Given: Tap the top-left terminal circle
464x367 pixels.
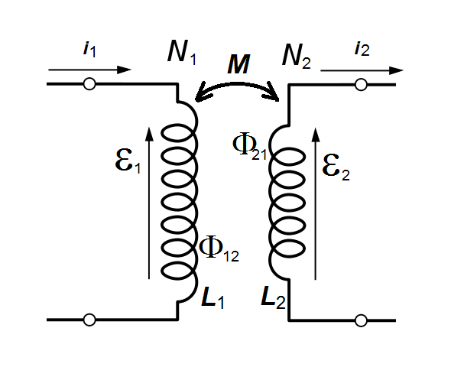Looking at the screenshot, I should (x=89, y=83).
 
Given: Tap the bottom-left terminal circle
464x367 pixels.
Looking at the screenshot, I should (x=89, y=319).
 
